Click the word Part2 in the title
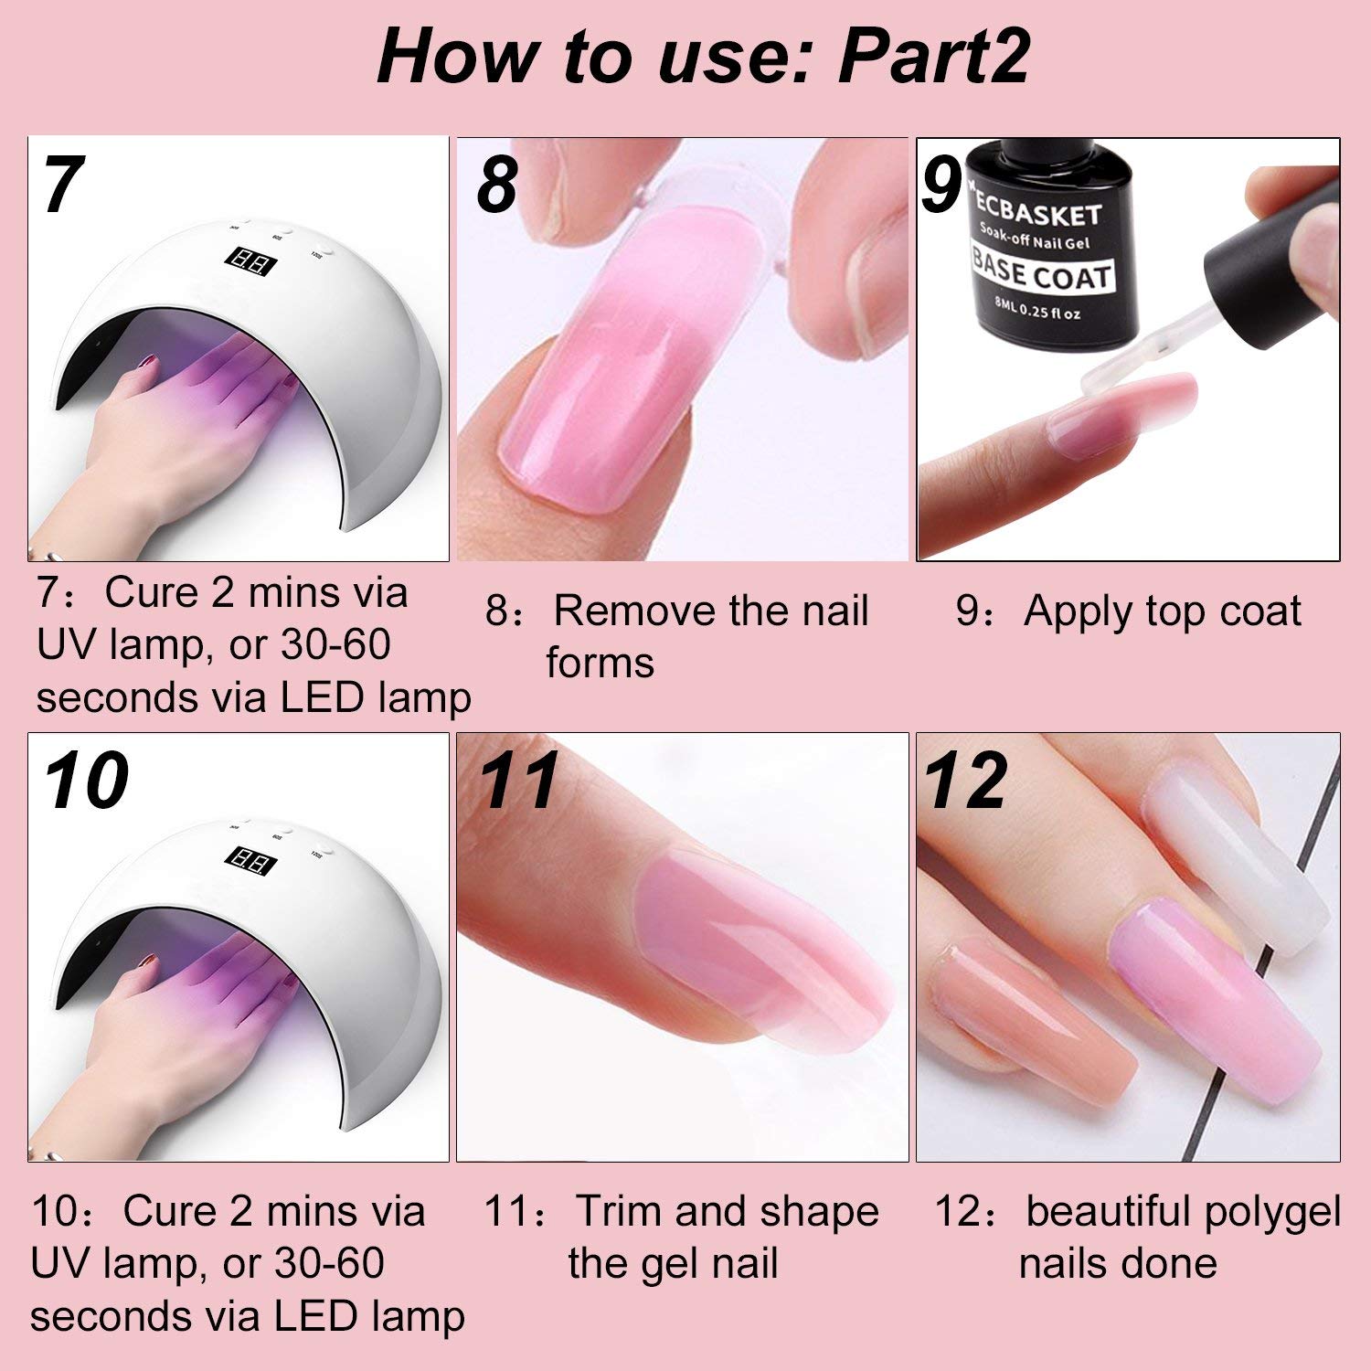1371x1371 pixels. tap(933, 57)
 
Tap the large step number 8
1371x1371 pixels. tap(497, 185)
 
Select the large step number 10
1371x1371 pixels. tap(86, 781)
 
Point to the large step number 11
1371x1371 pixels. tap(518, 781)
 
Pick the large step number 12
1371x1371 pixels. tap(965, 781)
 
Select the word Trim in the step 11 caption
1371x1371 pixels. tap(619, 1211)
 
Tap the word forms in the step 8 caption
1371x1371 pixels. tap(600, 663)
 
